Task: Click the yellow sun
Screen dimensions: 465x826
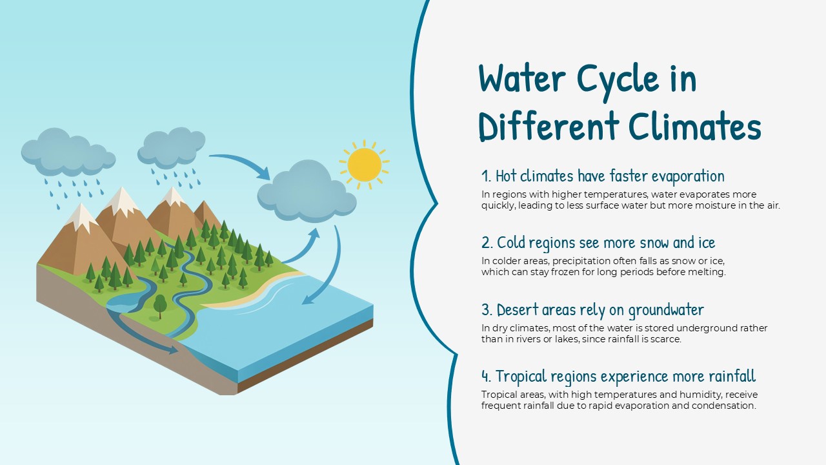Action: [x=365, y=165]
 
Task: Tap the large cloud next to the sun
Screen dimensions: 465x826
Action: [x=306, y=191]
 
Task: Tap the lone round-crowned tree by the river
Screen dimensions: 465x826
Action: [x=160, y=304]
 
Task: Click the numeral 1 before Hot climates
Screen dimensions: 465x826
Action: [x=486, y=176]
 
